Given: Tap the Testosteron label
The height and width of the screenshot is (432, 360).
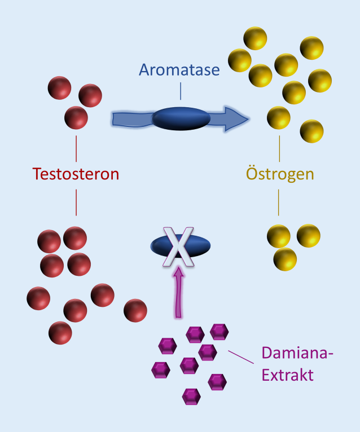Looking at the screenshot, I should pyautogui.click(x=76, y=173).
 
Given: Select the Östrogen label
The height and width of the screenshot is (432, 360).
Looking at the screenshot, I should pyautogui.click(x=280, y=173).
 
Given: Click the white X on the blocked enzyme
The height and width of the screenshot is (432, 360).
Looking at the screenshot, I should pyautogui.click(x=179, y=245).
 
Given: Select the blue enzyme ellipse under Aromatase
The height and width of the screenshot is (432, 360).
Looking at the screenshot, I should pyautogui.click(x=181, y=118).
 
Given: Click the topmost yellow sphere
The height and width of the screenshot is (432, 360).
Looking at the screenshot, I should pyautogui.click(x=255, y=38).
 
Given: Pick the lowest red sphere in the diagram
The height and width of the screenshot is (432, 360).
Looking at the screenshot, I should pyautogui.click(x=60, y=333).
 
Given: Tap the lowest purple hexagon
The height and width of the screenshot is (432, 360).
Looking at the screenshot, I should pyautogui.click(x=191, y=396).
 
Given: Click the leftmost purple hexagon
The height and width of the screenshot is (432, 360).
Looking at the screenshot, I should pyautogui.click(x=161, y=370).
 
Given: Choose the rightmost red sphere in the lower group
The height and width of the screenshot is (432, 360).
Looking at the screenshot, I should pyautogui.click(x=135, y=311).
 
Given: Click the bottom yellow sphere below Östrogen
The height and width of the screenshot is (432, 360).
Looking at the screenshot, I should pyautogui.click(x=285, y=258).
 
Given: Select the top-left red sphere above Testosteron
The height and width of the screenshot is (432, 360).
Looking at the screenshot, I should pyautogui.click(x=60, y=88).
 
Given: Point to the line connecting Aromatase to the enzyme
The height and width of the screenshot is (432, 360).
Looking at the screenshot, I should pyautogui.click(x=181, y=91).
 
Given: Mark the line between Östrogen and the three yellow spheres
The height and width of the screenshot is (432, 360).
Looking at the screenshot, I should pyautogui.click(x=279, y=202).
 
